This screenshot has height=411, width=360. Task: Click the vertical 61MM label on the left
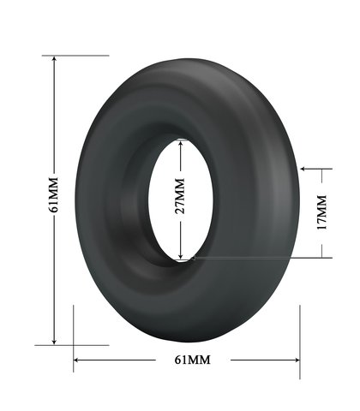(53, 194)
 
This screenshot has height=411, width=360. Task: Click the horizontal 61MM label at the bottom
(193, 360)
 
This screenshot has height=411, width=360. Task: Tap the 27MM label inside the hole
(179, 196)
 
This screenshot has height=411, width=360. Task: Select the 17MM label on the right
(321, 212)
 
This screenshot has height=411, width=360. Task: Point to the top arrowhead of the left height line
(54, 58)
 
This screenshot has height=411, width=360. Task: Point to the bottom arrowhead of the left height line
(54, 342)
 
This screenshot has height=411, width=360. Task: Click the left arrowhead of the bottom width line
(76, 360)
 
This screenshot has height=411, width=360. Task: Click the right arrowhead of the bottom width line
(297, 360)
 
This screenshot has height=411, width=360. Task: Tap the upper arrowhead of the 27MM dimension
(180, 144)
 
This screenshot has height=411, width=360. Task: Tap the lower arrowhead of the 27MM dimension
(180, 256)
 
